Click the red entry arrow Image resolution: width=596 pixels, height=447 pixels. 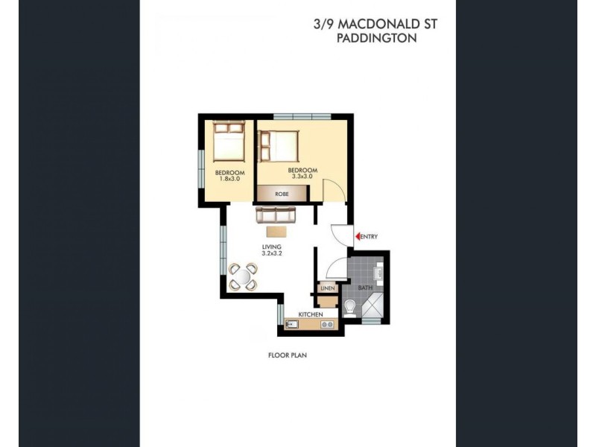click(357, 237)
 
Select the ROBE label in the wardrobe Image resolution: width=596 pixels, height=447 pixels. click(282, 194)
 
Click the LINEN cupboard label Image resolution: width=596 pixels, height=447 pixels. click(326, 288)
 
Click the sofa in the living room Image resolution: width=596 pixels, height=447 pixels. click(276, 215)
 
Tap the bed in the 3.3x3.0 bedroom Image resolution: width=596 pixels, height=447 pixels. click(279, 146)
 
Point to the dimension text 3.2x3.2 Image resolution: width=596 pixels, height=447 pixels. click(271, 253)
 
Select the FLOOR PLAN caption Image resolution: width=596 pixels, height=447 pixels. click(288, 356)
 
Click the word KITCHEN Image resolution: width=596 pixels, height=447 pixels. click(311, 315)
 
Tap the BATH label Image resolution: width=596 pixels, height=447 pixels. click(364, 287)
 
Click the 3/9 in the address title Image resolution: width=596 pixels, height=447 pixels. click(323, 25)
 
